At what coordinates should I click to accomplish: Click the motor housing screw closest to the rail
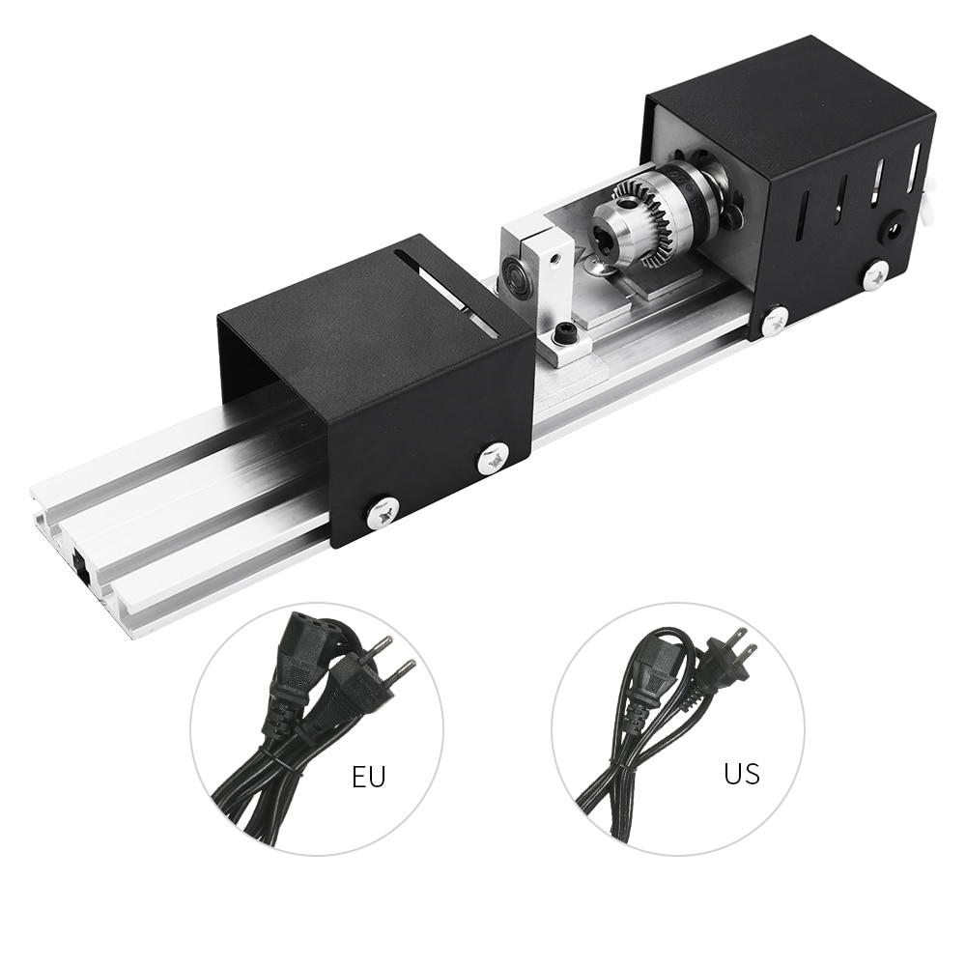775,320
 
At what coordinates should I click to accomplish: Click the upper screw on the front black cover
494,458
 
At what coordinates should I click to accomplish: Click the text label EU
368,778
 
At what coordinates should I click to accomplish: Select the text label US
741,773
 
